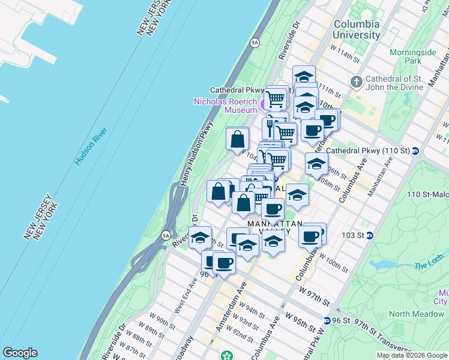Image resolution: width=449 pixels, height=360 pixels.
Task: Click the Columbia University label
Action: tap(357, 29)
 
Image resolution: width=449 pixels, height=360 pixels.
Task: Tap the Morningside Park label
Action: tap(413, 56)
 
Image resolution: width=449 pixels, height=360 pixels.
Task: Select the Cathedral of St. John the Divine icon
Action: tap(356, 81)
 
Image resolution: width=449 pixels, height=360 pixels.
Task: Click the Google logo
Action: tap(20, 352)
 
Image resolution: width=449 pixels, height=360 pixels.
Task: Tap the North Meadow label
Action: tap(416, 314)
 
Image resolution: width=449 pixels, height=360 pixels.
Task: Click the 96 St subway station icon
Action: tap(327, 320)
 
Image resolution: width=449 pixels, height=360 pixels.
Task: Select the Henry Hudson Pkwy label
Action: tap(196, 154)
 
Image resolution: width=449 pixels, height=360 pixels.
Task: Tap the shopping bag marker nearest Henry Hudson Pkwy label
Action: tap(238, 139)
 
